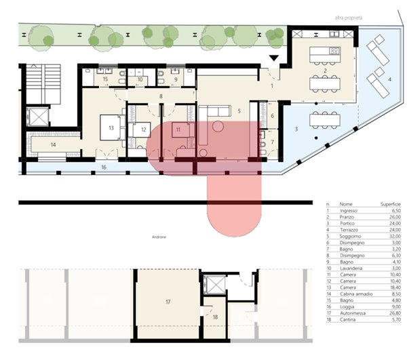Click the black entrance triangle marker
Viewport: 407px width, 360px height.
tap(273, 58)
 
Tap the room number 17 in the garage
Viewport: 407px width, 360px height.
tap(168, 302)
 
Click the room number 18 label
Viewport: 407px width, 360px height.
tap(215, 317)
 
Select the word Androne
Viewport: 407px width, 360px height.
tap(159, 237)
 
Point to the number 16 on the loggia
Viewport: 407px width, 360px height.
tap(104, 167)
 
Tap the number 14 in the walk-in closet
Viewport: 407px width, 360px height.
tap(53, 144)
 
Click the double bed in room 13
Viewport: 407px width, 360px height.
tap(111, 128)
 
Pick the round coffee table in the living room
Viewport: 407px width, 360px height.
tap(218, 127)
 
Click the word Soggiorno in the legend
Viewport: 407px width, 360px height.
tap(350, 237)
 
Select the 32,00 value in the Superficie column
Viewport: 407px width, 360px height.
tap(395, 237)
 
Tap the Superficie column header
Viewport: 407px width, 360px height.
tap(391, 204)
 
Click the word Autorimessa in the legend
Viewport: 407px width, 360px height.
tap(353, 313)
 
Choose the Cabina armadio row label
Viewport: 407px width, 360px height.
tap(356, 294)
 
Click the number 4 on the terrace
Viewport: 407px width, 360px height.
tap(389, 79)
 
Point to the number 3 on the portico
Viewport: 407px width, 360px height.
tap(296, 129)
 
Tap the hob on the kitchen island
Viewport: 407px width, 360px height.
tap(334, 51)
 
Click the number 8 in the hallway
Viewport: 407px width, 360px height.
tap(161, 96)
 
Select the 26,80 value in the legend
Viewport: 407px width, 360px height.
tap(395, 313)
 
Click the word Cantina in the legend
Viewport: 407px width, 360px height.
tap(347, 319)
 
